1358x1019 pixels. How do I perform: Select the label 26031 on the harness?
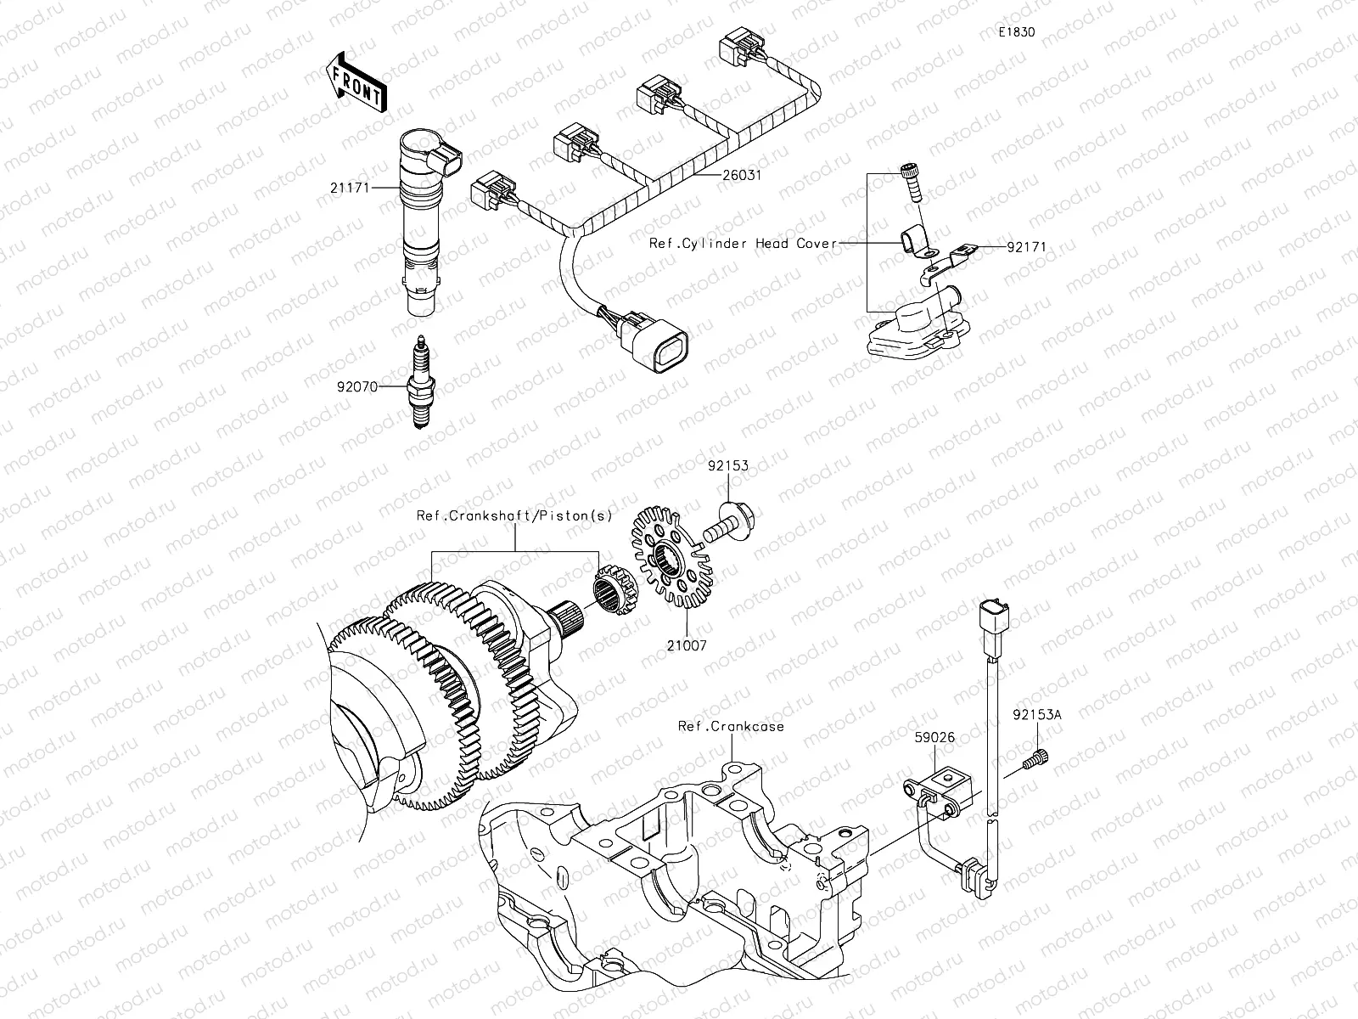tap(742, 176)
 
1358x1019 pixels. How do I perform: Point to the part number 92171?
tap(1027, 247)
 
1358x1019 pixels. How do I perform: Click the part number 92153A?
tap(1035, 715)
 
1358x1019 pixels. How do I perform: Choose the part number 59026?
tap(935, 737)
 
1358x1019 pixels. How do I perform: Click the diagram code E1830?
tap(1017, 32)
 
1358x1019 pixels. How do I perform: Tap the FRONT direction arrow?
tap(356, 82)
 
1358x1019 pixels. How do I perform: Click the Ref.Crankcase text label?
tap(731, 726)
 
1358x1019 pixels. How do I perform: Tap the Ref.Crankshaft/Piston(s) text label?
tap(514, 515)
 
